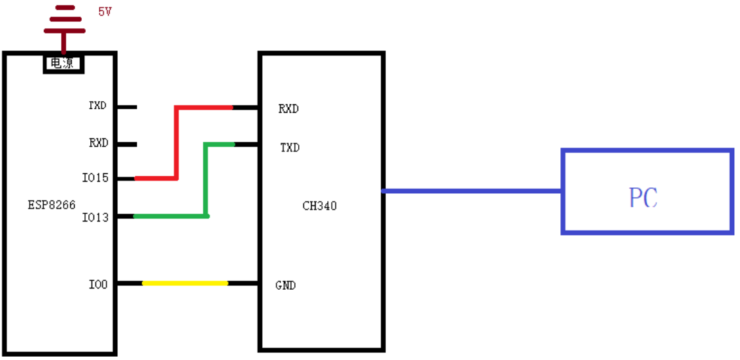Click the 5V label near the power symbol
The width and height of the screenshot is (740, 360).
pos(105,12)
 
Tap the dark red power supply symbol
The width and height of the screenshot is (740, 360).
pos(63,26)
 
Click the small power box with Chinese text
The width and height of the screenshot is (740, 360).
pos(63,63)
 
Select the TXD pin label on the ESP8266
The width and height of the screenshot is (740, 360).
pos(98,106)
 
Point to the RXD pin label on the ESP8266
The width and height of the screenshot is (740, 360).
pos(98,143)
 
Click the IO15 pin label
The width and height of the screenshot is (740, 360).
pos(96,178)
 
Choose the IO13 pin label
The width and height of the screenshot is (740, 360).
pos(96,217)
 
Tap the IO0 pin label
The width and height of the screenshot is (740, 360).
pos(98,283)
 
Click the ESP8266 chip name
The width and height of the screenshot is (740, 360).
pos(52,205)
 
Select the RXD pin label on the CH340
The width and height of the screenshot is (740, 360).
pos(289,109)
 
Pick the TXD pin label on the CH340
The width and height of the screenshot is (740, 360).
pos(289,147)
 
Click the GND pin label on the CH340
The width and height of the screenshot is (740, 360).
pos(286,285)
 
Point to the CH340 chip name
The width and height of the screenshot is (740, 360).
pos(319,206)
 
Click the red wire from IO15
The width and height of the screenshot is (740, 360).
pos(176,142)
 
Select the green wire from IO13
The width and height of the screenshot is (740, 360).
pos(206,180)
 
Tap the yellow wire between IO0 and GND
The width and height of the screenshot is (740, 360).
pos(185,283)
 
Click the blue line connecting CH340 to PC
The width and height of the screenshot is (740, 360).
pos(473,191)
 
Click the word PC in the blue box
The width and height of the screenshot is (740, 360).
pos(643,198)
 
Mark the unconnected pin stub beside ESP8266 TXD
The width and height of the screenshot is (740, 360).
pos(126,107)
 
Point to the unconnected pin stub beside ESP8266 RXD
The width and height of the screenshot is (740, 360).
pos(126,144)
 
